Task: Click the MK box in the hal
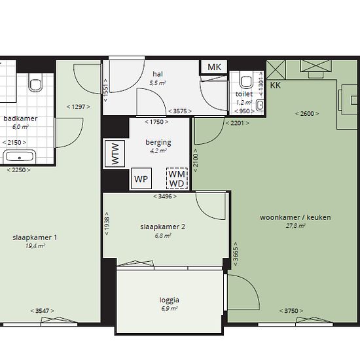click(214, 67)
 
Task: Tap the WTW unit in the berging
click(115, 153)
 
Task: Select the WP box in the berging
click(141, 179)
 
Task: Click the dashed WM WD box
click(177, 179)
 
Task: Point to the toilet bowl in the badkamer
click(35, 82)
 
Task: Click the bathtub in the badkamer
click(20, 156)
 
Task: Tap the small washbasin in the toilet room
click(260, 105)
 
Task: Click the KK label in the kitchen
click(276, 85)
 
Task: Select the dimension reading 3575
click(180, 111)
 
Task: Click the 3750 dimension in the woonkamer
click(291, 311)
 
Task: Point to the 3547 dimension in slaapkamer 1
click(43, 311)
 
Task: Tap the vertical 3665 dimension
click(236, 254)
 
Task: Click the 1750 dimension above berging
click(156, 122)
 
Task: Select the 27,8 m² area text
click(295, 226)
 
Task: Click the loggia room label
click(170, 300)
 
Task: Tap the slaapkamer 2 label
click(162, 227)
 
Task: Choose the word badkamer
click(20, 118)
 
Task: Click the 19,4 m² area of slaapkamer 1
click(35, 246)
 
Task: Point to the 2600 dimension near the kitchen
click(307, 114)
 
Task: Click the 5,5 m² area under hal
click(158, 83)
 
